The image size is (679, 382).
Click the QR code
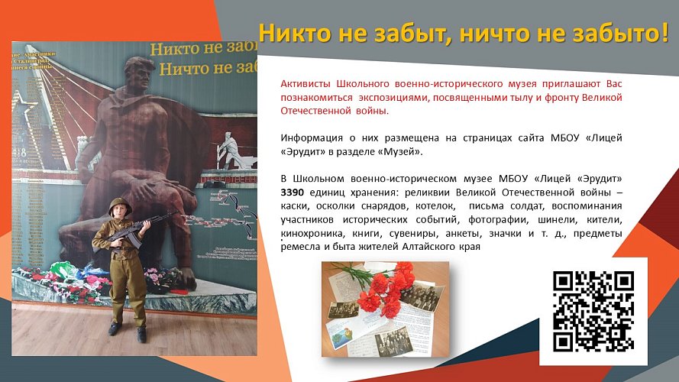(593, 312)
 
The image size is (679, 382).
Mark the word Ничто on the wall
(182, 67)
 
